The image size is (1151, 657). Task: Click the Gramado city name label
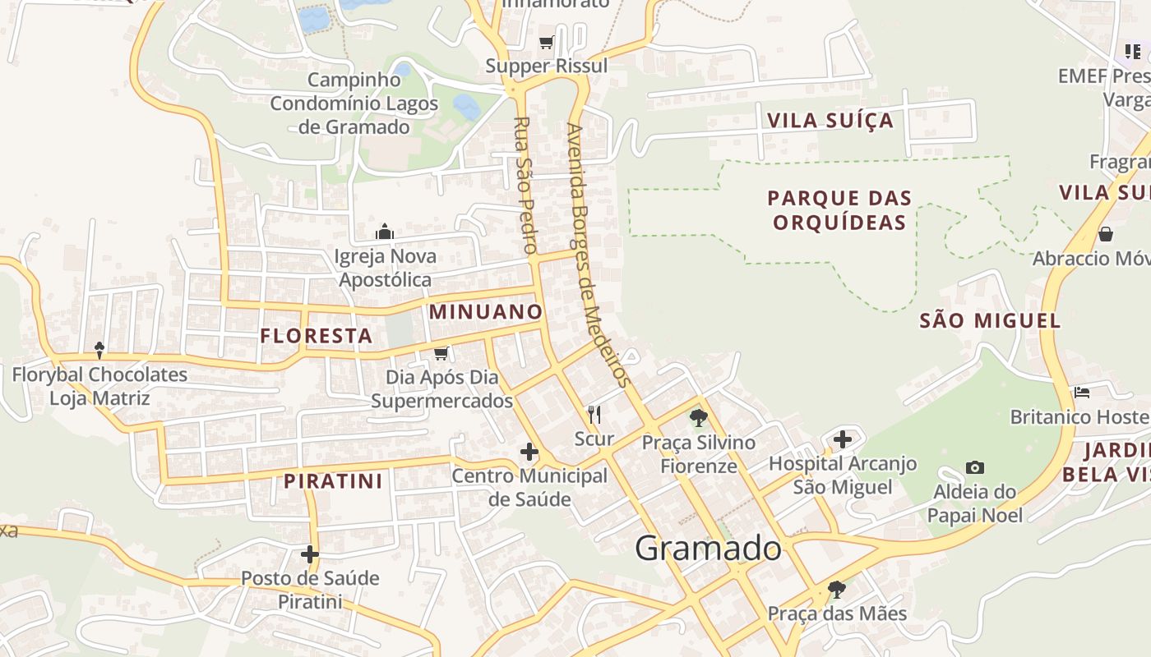coord(708,549)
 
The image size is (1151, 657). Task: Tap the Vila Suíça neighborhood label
coord(830,121)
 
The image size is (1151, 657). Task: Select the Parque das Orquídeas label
coord(839,210)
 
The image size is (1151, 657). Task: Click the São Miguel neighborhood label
coord(990,321)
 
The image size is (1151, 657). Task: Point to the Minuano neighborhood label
coord(486,312)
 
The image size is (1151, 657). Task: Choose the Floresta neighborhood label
coord(317,336)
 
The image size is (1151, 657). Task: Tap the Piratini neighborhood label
coord(334,481)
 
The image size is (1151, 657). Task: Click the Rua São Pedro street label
coord(525,185)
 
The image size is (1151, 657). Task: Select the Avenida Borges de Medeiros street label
coord(598,255)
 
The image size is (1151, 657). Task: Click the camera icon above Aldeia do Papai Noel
coord(975,467)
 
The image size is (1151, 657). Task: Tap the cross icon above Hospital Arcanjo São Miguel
coord(843,439)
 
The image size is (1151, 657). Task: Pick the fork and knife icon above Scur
coord(594,415)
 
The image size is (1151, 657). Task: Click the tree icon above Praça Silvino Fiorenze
coord(699,418)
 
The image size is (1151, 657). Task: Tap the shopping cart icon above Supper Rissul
coord(547,42)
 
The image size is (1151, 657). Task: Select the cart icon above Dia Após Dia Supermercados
coord(441,353)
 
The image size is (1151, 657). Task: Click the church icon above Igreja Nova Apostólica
coord(385,232)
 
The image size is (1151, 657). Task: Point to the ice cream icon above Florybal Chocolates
coord(99,351)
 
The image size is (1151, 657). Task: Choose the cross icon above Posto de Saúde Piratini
coord(309,554)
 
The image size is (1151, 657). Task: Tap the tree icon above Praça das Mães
coord(837,589)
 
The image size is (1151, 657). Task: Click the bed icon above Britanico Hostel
coord(1082,393)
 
